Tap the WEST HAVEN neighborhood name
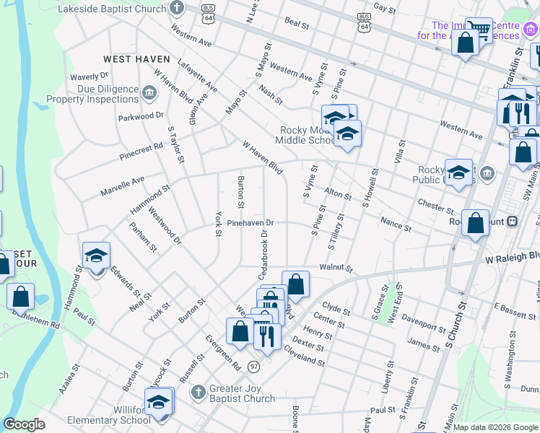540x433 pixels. pos(136,59)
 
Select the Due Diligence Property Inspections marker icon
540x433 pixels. pos(149,92)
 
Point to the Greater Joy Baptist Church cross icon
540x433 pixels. pos(199,392)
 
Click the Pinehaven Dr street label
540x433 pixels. pos(251,224)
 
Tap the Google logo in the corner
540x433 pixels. pos(24,424)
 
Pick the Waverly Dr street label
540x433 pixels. pos(89,76)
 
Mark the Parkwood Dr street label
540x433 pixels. pos(141,115)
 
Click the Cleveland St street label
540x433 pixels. pos(304,356)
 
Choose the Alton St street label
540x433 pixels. pos(337,194)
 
